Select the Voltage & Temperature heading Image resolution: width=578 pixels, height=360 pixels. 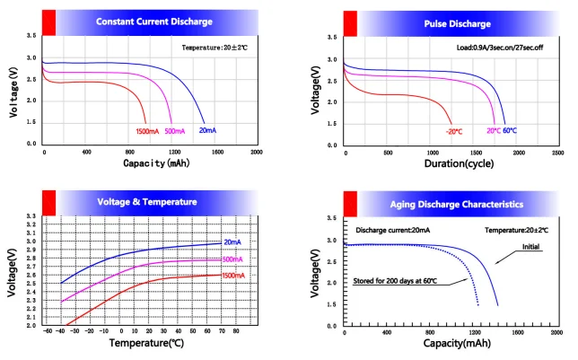click(147, 202)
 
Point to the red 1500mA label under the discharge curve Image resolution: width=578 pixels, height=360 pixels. click(148, 132)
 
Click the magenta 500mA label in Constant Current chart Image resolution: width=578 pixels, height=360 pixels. click(177, 132)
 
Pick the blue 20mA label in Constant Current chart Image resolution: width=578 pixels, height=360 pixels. click(207, 131)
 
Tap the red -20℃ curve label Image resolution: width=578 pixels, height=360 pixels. click(453, 132)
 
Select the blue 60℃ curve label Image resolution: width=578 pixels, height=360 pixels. click(509, 131)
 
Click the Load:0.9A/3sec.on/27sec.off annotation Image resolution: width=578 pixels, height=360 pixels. click(497, 48)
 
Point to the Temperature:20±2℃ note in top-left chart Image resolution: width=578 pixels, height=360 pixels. click(214, 47)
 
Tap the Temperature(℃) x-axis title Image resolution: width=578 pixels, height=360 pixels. click(146, 343)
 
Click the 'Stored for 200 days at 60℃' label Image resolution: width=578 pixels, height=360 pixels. click(396, 281)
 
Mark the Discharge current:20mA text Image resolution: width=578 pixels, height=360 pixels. click(392, 231)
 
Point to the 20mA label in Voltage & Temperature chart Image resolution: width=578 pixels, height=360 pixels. click(233, 242)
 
